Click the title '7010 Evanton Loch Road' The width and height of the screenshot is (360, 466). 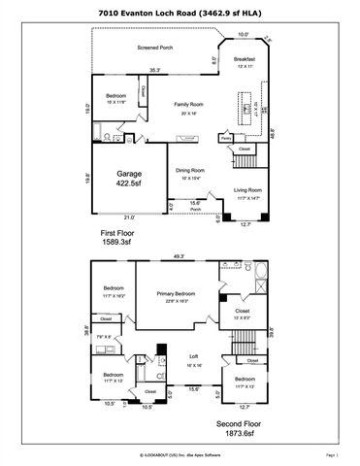click(180, 11)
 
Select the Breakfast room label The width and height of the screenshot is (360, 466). click(244, 60)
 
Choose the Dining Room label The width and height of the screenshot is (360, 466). click(188, 172)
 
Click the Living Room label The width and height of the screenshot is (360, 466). click(248, 193)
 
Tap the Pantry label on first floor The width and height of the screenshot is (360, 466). click(225, 139)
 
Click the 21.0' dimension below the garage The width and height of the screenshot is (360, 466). click(129, 216)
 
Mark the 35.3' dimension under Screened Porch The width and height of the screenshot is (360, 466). click(154, 69)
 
